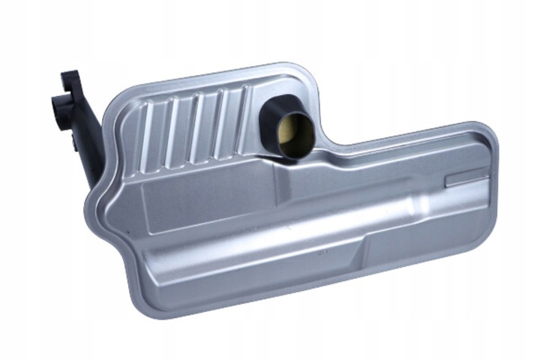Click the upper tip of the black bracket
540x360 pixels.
pyautogui.click(x=70, y=76)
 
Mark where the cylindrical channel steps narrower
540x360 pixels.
pyautogui.click(x=406, y=199)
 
